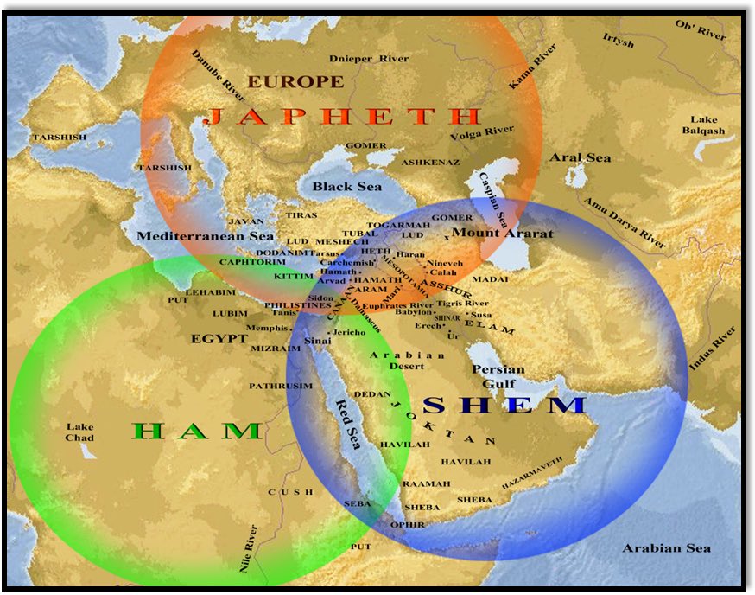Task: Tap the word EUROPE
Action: (x=295, y=82)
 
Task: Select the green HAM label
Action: (x=197, y=431)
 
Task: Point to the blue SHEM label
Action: (x=504, y=405)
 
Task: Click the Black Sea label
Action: (x=346, y=187)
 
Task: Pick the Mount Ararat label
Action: (x=503, y=234)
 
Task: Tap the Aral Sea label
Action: (x=580, y=158)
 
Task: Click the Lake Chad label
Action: (x=79, y=432)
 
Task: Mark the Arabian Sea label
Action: (x=667, y=548)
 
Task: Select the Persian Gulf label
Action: (x=494, y=376)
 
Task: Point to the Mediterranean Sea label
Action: (x=205, y=235)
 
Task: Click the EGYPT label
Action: (x=219, y=339)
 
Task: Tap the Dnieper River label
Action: (x=369, y=59)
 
